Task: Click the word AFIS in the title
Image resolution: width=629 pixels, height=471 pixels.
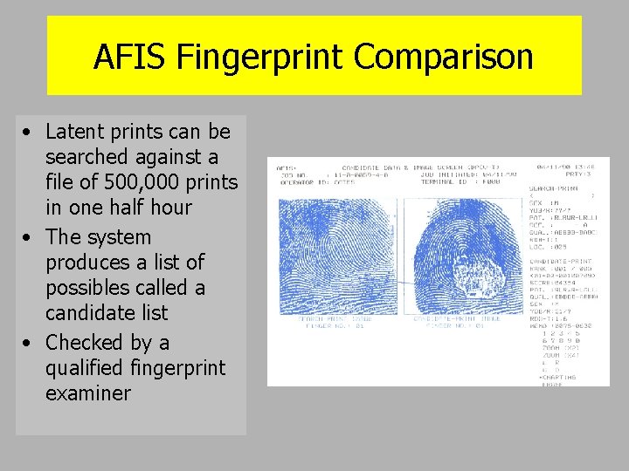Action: (131, 57)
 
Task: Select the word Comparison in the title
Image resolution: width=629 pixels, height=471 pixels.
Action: (444, 57)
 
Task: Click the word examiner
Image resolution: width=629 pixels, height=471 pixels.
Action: (87, 392)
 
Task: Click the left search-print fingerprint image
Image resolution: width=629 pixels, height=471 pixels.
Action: (337, 243)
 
